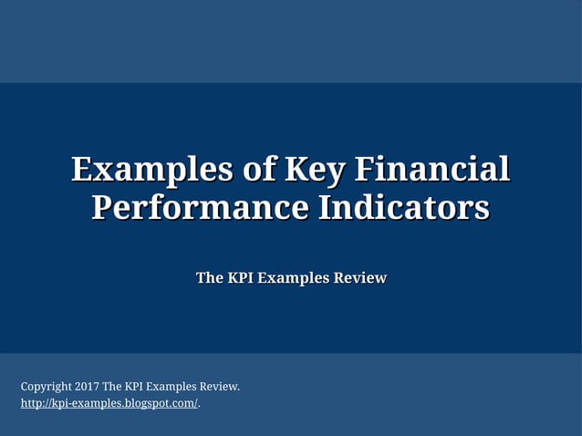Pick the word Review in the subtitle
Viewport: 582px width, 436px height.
point(359,277)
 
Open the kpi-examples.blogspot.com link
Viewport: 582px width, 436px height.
point(109,403)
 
